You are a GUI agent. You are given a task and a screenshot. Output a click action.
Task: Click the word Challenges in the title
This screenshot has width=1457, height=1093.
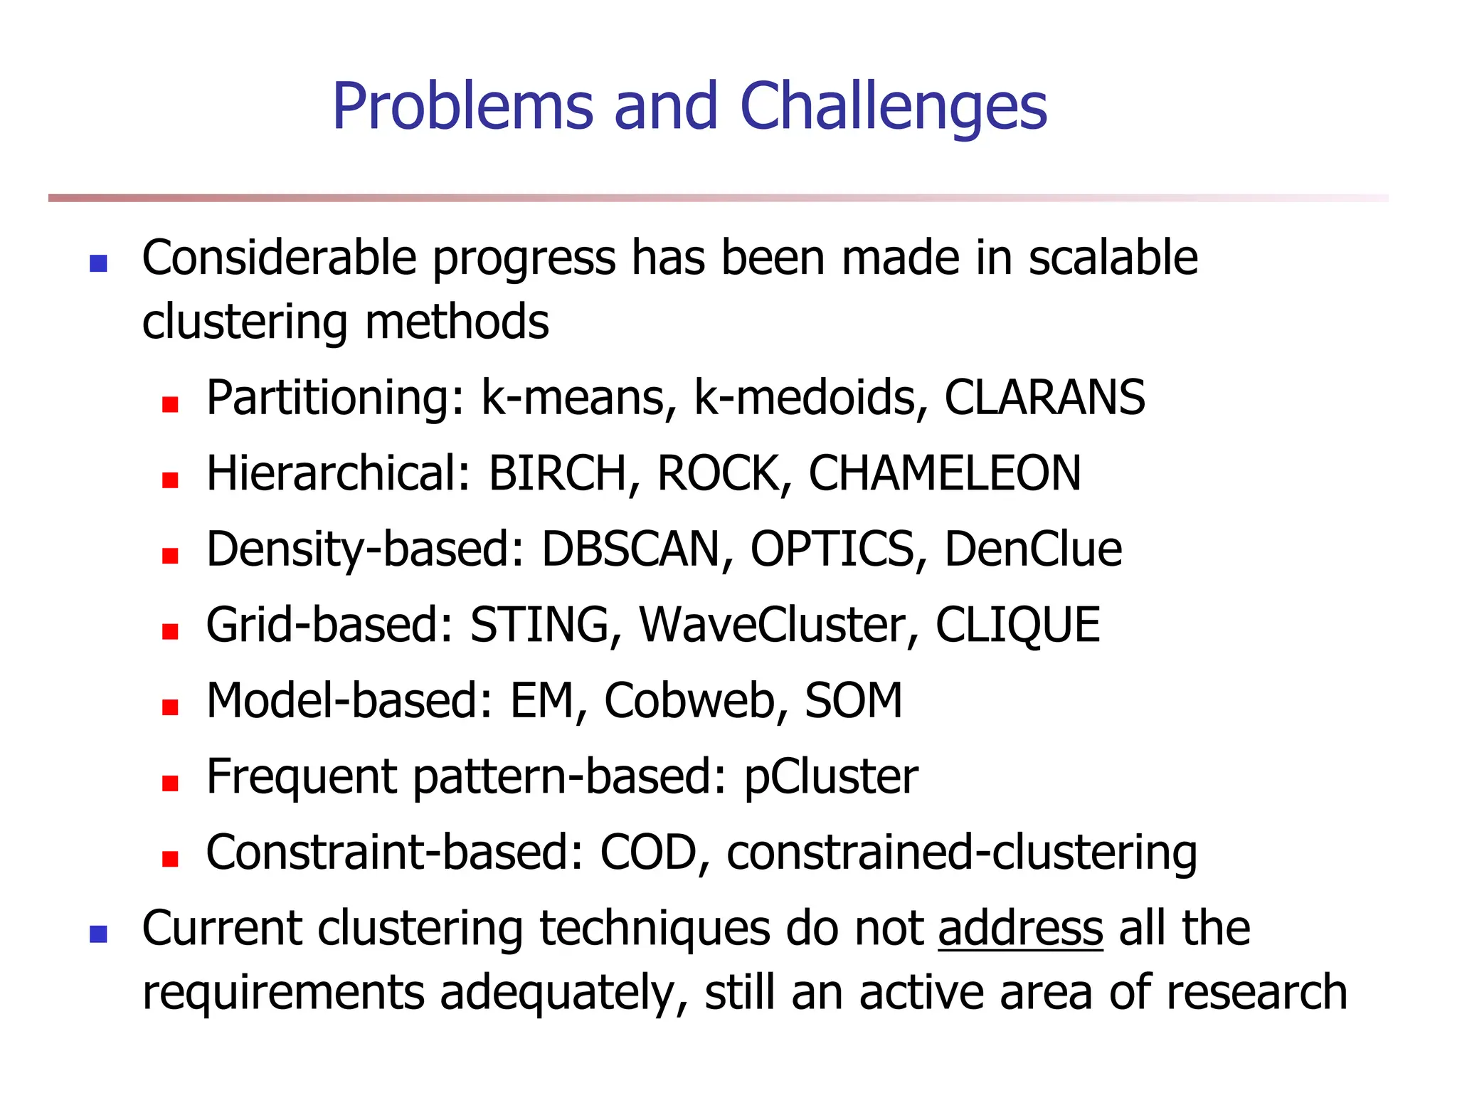[x=893, y=107]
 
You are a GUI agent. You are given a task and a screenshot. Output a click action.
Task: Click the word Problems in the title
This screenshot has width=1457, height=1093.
[x=462, y=107]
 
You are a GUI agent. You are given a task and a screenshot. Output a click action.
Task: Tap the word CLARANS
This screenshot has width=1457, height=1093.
[x=1044, y=397]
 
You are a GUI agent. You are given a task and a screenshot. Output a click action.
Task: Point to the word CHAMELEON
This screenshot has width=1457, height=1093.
[x=944, y=473]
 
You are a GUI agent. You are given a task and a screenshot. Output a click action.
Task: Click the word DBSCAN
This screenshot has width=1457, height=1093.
[x=630, y=549]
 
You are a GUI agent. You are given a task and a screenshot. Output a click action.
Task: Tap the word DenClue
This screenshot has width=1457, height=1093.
[x=1032, y=549]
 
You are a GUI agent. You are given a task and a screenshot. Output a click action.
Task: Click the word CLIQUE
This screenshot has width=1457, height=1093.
[x=1017, y=625]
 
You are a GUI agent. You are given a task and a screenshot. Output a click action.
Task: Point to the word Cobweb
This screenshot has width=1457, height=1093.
[x=688, y=701]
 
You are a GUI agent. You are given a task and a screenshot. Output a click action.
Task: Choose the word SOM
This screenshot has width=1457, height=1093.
[x=853, y=701]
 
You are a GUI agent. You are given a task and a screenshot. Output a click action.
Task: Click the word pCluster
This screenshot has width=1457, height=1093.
[x=830, y=777]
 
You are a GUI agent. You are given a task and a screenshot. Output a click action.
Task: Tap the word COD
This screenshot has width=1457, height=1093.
[x=647, y=852]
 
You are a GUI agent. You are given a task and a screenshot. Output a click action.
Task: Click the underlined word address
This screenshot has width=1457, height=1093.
[x=1020, y=929]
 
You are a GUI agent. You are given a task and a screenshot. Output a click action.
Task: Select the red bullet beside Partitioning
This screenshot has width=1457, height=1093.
[x=169, y=405]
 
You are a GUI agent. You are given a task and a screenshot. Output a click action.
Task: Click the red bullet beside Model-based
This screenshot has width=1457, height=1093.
[x=169, y=707]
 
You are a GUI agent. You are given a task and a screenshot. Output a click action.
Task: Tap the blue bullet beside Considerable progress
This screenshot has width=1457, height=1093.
[x=98, y=264]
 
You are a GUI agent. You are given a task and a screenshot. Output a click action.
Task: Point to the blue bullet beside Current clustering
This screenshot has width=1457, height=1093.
[x=98, y=934]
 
